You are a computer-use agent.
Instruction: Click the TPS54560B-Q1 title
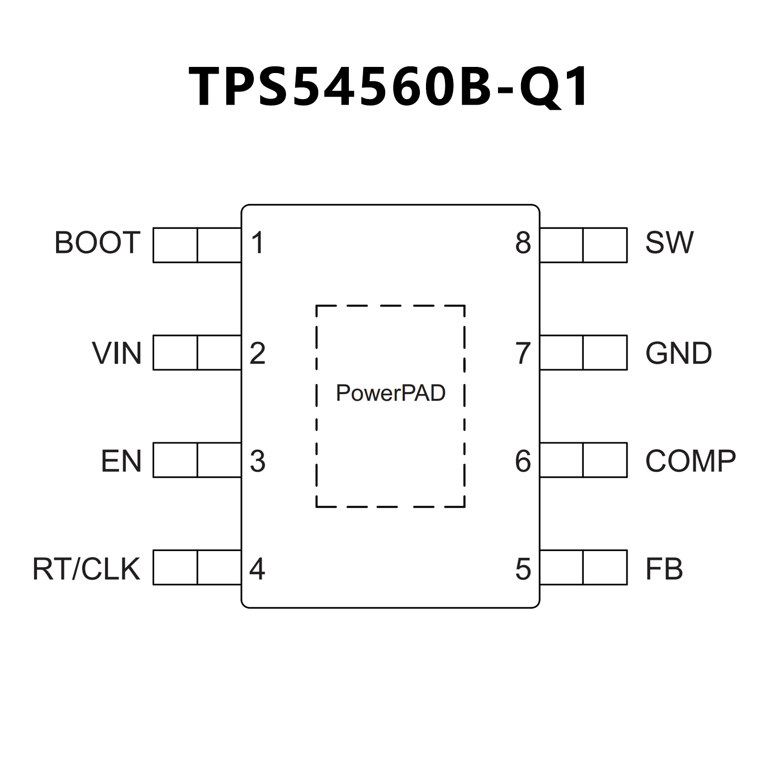pos(390,87)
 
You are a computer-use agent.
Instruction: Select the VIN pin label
pos(116,353)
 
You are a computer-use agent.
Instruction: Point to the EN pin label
pos(121,461)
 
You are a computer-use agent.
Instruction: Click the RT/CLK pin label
pos(86,569)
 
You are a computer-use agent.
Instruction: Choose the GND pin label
pos(678,353)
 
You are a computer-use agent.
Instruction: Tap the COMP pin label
pos(690,461)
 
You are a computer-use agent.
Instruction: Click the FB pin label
pos(664,569)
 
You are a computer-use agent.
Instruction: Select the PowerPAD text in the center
pos(391,393)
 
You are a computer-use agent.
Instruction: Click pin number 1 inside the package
pos(257,243)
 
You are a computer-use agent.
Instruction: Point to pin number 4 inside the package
pos(257,569)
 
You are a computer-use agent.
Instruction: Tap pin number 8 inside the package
pos(523,243)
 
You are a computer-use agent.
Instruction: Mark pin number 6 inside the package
pos(523,461)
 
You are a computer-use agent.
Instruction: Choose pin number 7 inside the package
pos(523,353)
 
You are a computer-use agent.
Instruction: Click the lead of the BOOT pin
pos(197,245)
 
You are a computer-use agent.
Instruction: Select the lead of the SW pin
pos(583,245)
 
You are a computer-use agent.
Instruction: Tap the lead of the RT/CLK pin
pos(197,567)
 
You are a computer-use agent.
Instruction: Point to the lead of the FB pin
pos(583,567)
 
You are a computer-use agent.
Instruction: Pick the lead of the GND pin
pos(583,352)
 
